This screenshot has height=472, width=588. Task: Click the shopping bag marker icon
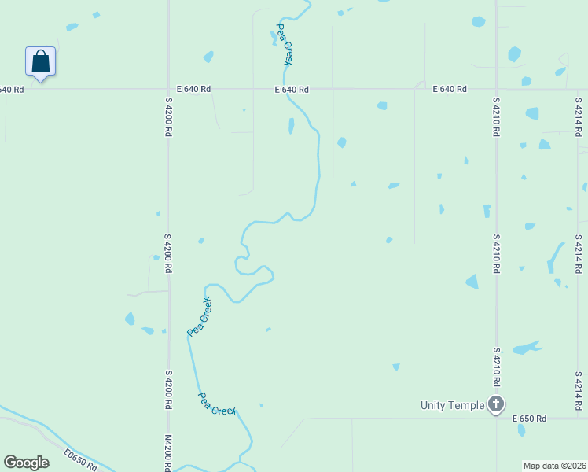41,61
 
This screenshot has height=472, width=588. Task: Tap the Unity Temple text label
452,405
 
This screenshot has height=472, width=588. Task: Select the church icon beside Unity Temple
496,404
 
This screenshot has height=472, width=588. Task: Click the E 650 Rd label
529,419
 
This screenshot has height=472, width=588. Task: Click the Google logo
26,463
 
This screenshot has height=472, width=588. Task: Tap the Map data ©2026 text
555,466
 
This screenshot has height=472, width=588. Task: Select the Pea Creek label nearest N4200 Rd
218,404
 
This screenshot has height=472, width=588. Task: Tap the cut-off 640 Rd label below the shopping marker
12,90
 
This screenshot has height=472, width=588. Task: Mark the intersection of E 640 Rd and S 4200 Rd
167,90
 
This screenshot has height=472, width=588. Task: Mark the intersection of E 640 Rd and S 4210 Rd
496,90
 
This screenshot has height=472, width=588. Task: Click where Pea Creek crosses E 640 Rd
300,90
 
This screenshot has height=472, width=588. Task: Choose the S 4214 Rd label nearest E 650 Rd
578,389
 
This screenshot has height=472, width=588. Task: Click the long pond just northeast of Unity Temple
526,348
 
